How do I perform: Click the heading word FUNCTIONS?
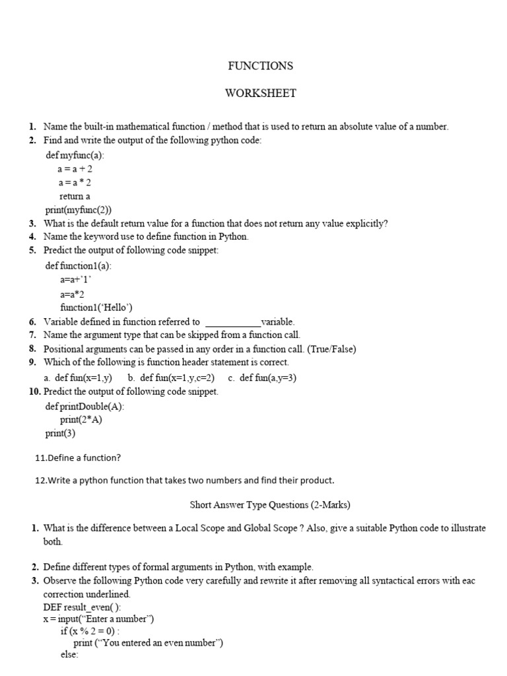pyautogui.click(x=260, y=66)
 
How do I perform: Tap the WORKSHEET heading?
pyautogui.click(x=260, y=93)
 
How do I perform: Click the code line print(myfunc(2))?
pyautogui.click(x=79, y=210)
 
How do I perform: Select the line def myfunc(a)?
pyautogui.click(x=75, y=155)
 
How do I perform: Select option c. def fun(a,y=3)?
pyautogui.click(x=262, y=378)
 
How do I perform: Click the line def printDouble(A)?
pyautogui.click(x=84, y=407)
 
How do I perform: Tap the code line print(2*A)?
pyautogui.click(x=81, y=420)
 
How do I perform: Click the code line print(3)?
pyautogui.click(x=60, y=434)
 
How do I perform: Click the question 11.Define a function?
pyautogui.click(x=77, y=457)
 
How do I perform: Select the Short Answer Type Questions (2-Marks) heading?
pyautogui.click(x=270, y=505)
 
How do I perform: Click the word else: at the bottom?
pyautogui.click(x=69, y=655)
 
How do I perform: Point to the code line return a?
pyautogui.click(x=75, y=196)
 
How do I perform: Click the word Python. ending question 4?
pyautogui.click(x=232, y=236)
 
